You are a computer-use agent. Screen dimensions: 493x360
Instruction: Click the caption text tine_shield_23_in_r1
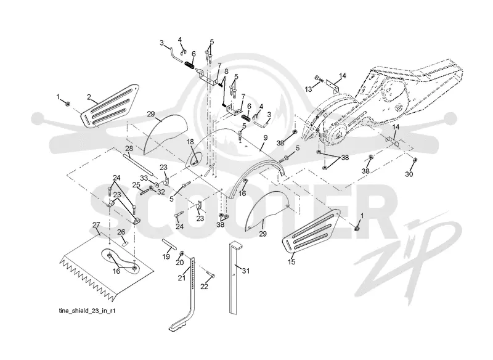point(87,311)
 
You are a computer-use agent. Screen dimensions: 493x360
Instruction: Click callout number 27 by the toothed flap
point(96,225)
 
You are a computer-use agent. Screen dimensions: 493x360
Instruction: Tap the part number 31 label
point(245,271)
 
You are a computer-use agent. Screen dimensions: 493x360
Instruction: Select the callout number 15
point(291,261)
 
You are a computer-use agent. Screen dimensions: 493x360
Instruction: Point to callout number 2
point(89,97)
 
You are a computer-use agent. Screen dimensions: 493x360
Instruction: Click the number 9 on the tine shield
point(266,137)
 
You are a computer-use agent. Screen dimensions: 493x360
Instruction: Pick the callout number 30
point(409,174)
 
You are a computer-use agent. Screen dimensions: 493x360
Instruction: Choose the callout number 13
point(309,89)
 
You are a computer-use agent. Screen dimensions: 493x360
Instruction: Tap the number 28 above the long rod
point(129,149)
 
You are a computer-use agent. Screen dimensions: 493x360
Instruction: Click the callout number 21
point(182,278)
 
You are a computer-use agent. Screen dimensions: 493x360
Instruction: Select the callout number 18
point(190,142)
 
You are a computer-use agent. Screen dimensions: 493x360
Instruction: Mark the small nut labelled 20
point(181,253)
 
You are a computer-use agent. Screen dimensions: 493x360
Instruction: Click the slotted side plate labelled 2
point(110,106)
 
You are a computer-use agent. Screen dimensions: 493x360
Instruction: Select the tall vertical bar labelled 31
point(235,277)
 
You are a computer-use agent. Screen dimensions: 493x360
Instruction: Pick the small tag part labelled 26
point(125,243)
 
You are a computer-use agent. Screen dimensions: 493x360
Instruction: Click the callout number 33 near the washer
point(144,178)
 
